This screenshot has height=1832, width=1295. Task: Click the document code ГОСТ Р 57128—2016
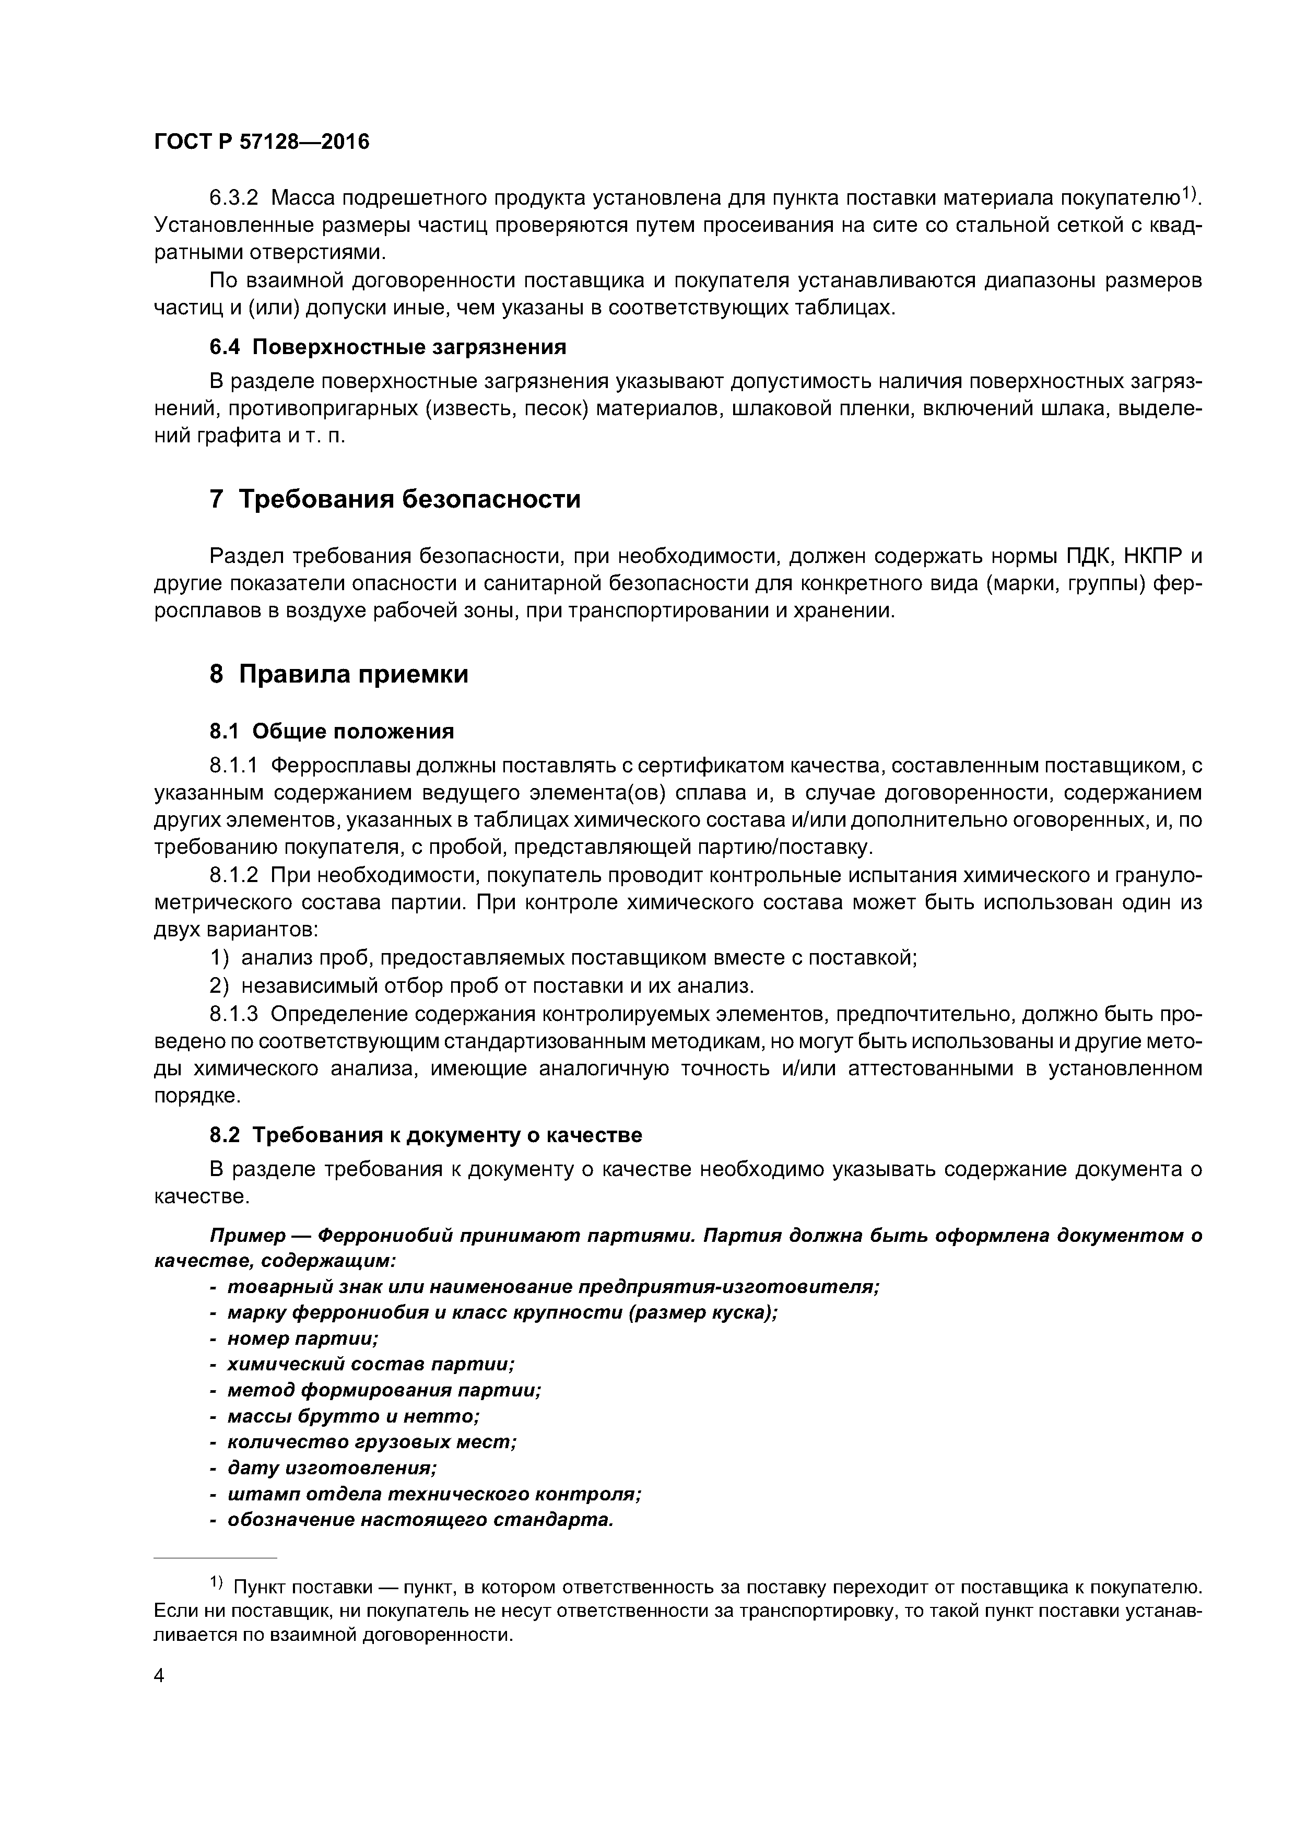262,142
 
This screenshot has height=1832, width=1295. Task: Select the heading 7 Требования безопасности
395,499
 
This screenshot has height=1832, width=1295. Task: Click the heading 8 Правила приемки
339,674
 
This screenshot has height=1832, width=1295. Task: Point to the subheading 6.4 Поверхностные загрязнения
388,347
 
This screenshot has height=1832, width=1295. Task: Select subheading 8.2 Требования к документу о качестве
425,1135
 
